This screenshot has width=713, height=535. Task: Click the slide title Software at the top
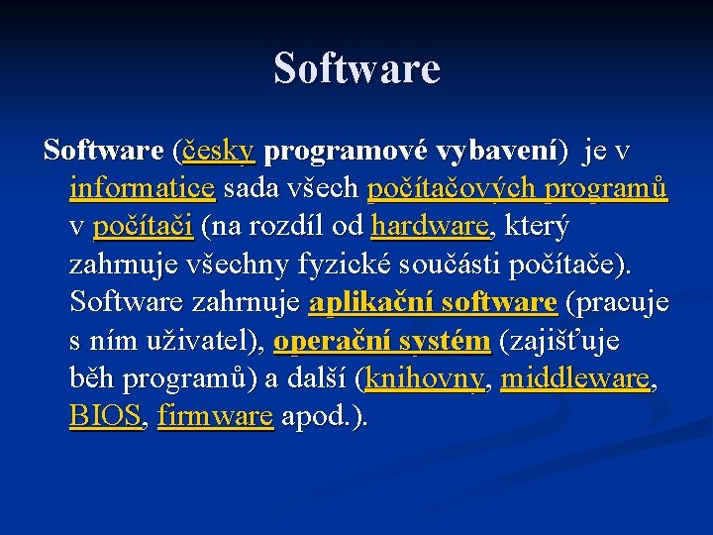(x=356, y=69)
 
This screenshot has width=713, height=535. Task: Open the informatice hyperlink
(x=143, y=188)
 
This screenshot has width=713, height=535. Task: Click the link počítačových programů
(x=517, y=188)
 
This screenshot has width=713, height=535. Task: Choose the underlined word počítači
(x=143, y=226)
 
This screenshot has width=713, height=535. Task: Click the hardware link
(x=430, y=226)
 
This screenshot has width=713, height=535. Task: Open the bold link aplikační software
(x=433, y=302)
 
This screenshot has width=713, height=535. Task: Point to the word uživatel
(x=204, y=341)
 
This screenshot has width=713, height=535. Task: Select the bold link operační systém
(x=381, y=341)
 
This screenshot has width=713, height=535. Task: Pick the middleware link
(x=575, y=378)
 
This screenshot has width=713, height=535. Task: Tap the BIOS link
(x=106, y=416)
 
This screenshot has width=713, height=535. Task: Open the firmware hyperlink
(x=215, y=416)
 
